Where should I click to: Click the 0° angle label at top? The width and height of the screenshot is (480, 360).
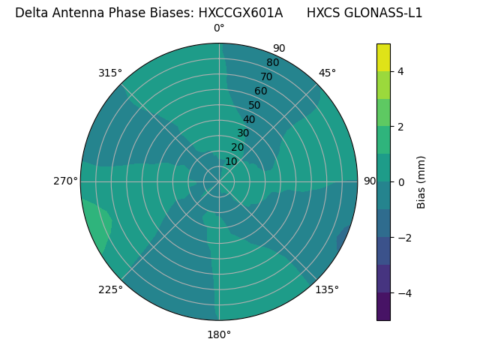click(x=219, y=28)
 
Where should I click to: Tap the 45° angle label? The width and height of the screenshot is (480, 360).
click(x=327, y=73)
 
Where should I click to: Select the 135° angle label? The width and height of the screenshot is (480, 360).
click(x=327, y=289)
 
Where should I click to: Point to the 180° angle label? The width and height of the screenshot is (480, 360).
click(x=219, y=334)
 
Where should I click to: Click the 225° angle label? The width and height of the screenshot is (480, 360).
click(x=110, y=289)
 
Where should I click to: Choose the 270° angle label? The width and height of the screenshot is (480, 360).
click(x=65, y=181)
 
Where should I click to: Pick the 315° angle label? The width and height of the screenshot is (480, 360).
click(x=110, y=73)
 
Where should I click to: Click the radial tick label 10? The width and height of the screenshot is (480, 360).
click(x=231, y=161)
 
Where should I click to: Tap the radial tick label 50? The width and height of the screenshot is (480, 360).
click(x=255, y=105)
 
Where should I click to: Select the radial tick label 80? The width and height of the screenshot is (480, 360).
click(x=272, y=63)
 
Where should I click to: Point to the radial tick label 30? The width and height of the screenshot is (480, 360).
click(x=243, y=133)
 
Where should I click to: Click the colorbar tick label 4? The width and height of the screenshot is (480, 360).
click(x=400, y=71)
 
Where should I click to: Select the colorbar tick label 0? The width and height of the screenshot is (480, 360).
click(x=400, y=182)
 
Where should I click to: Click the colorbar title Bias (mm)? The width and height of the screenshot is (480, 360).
click(x=421, y=181)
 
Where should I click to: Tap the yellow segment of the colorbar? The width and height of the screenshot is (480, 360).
click(x=383, y=57)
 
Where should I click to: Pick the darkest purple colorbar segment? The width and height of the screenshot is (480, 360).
click(x=383, y=306)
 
